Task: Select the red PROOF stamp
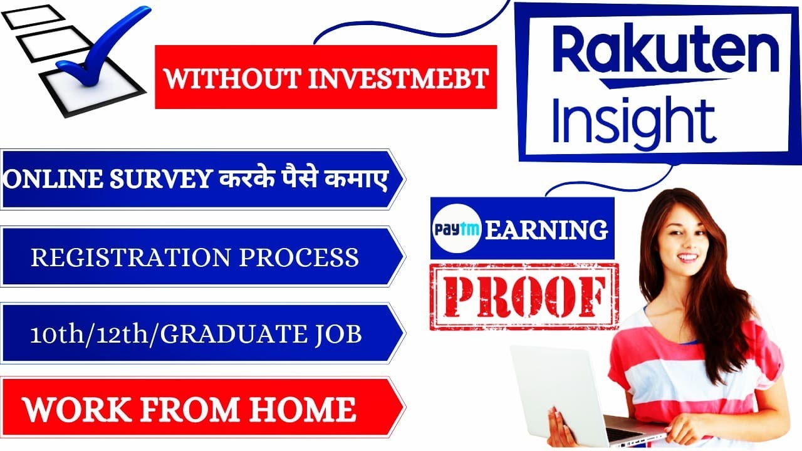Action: [x=524, y=297]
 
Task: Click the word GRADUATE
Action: [x=241, y=334]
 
